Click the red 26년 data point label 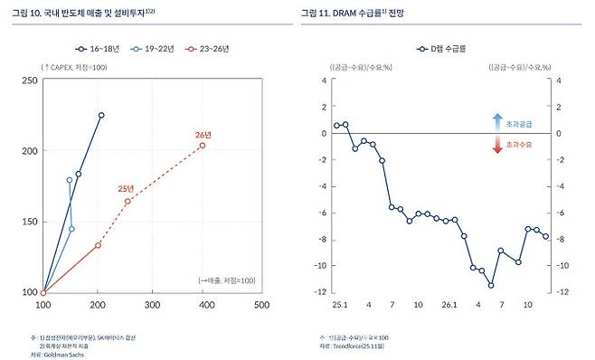[x=203, y=135]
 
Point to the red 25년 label [x=127, y=188]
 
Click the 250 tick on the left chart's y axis [x=29, y=81]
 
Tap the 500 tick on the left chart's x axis [x=261, y=305]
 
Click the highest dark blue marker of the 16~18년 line [x=101, y=115]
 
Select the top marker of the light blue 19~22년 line [x=70, y=180]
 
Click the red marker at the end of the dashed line [x=203, y=145]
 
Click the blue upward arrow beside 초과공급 [x=496, y=119]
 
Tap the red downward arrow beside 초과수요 [x=496, y=145]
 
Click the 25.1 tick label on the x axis [x=338, y=305]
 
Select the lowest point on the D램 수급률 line [x=491, y=285]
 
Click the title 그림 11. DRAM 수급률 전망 [x=358, y=13]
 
